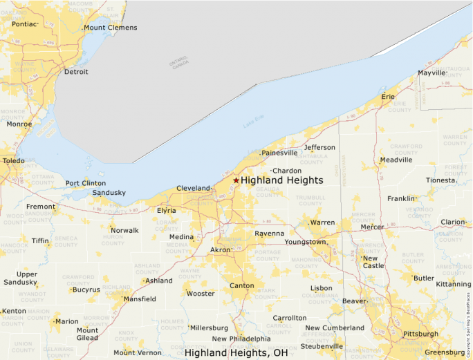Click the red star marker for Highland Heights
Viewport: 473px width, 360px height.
236,180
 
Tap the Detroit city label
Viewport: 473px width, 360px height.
76,72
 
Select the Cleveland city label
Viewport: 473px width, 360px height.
193,188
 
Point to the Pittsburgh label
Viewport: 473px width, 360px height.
420,334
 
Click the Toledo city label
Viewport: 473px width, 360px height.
13,160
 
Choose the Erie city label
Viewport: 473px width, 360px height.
389,97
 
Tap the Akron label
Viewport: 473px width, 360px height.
220,249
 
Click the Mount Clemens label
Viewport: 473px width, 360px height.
111,28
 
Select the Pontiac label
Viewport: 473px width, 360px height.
24,23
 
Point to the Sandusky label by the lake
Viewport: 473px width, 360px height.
109,193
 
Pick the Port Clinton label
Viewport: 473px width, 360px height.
86,183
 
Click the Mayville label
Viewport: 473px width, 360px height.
432,73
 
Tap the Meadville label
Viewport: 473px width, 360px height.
396,160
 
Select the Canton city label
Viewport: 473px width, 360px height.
241,285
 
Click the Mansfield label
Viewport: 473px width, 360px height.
140,299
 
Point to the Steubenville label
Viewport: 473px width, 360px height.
322,346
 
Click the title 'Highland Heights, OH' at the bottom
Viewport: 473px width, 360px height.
236,352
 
